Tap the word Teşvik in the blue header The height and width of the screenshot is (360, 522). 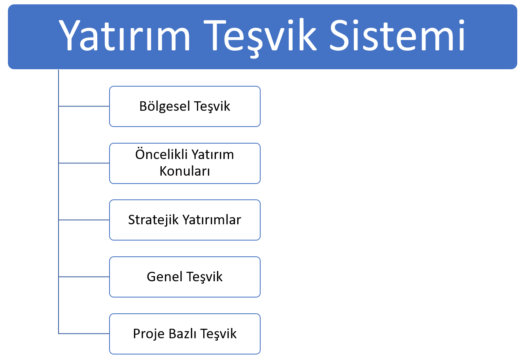[x=262, y=36]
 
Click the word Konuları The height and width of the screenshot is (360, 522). [x=185, y=171]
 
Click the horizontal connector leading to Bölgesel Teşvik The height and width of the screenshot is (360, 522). [x=84, y=106]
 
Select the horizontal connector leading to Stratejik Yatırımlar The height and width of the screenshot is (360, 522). [x=84, y=220]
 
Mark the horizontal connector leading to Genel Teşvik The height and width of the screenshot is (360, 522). [x=84, y=277]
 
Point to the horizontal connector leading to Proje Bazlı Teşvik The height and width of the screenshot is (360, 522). [x=84, y=333]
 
